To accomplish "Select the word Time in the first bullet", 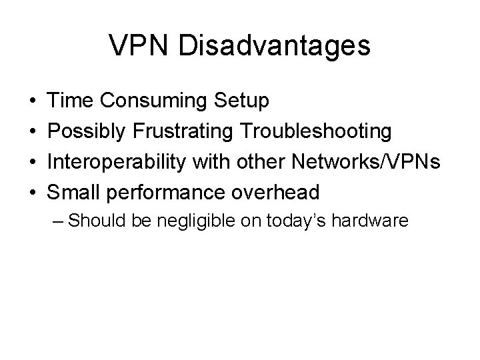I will click(70, 101).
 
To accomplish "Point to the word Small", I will click(73, 192).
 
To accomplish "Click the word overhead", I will click(275, 192).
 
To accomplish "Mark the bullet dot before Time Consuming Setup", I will click(33, 102).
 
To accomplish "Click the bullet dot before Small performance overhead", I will click(33, 193).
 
